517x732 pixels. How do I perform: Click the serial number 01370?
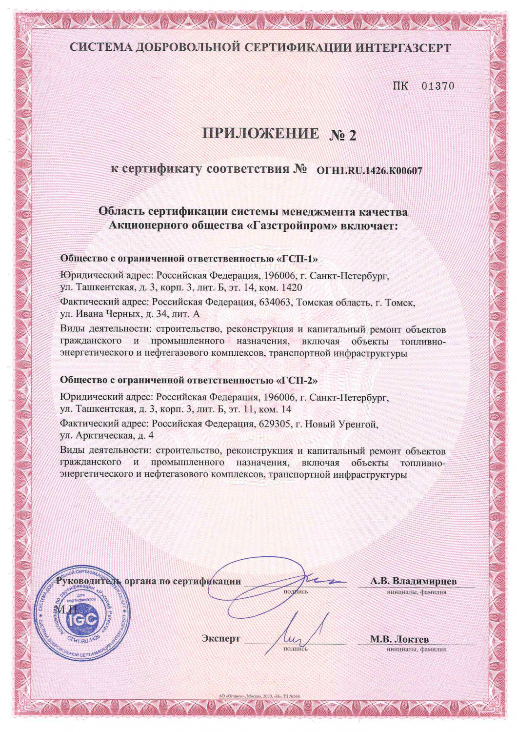click(x=438, y=86)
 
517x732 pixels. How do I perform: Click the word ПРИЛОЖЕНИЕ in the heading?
click(x=261, y=133)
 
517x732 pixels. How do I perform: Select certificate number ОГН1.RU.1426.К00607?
click(x=369, y=171)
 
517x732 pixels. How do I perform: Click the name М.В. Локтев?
click(x=399, y=639)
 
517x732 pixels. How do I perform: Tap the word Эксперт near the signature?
click(x=221, y=638)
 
